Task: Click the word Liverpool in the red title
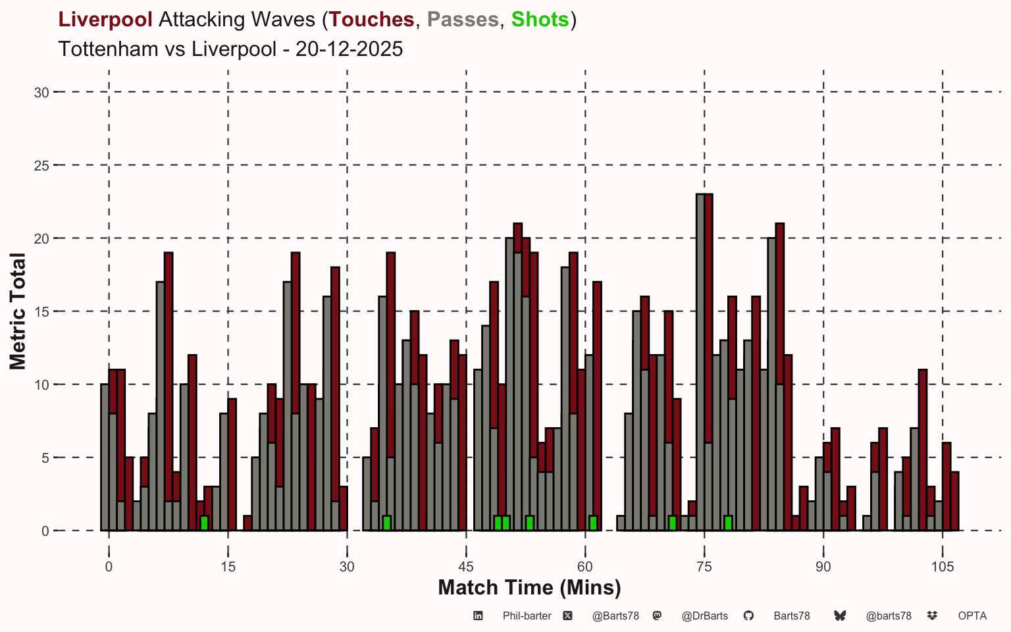[x=105, y=19]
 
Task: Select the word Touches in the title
[x=371, y=19]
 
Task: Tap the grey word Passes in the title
[x=463, y=19]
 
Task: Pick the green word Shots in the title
[x=540, y=19]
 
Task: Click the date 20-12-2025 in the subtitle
[x=350, y=49]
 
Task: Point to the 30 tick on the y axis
[x=41, y=93]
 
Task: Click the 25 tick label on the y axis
[x=41, y=166]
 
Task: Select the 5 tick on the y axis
[x=45, y=458]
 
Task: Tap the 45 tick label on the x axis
[x=466, y=567]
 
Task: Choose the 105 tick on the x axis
[x=943, y=567]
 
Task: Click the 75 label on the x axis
[x=704, y=567]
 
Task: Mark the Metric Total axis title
[x=18, y=311]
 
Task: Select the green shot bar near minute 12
[x=204, y=523]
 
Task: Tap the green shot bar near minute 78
[x=728, y=523]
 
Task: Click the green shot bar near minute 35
[x=386, y=523]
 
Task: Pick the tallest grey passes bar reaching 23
[x=700, y=363]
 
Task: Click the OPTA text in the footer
[x=973, y=616]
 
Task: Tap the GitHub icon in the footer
[x=748, y=616]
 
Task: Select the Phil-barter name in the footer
[x=527, y=616]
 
